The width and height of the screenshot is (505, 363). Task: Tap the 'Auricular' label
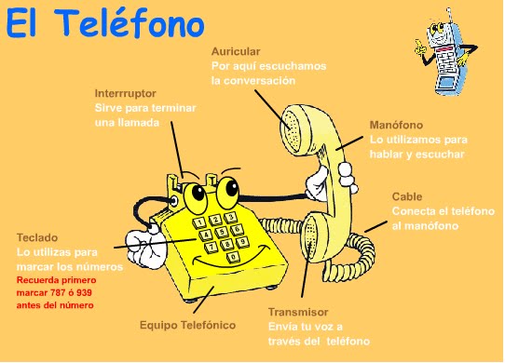point(236,51)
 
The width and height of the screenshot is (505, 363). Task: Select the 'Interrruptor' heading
point(125,94)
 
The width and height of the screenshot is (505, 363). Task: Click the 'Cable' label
point(407,196)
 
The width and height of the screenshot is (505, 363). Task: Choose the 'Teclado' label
point(36,238)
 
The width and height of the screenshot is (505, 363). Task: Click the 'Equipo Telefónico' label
point(187,325)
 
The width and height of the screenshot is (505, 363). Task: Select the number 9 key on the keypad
point(239,242)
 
